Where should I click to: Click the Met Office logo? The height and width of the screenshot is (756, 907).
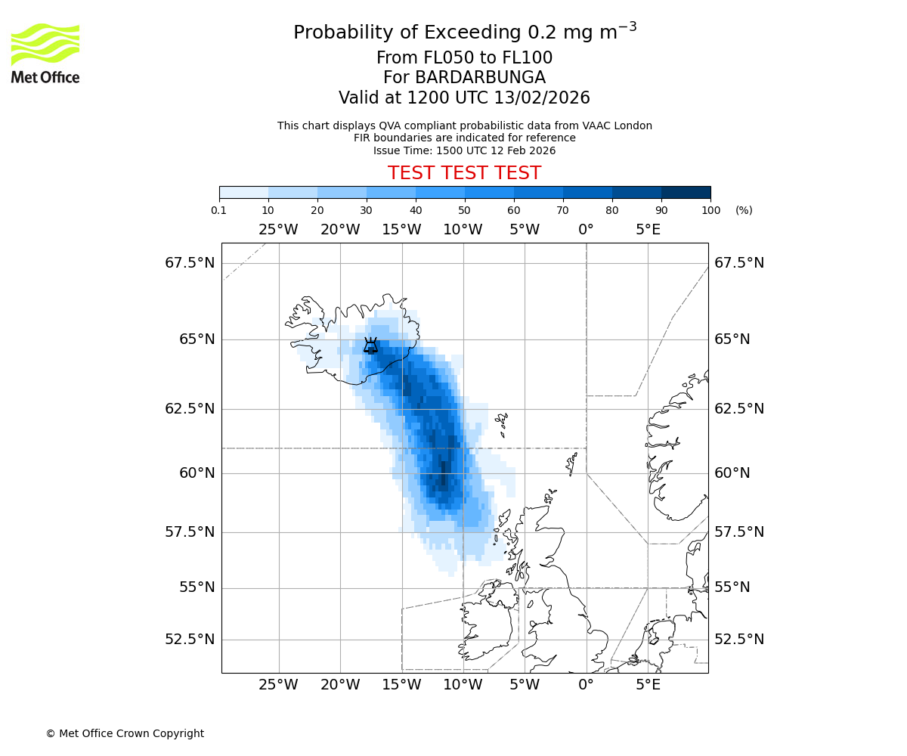[45, 53]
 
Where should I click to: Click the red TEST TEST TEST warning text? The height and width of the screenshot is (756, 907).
[464, 174]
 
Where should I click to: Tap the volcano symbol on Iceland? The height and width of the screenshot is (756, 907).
[370, 345]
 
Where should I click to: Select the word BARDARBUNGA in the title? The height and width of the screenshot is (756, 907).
[464, 78]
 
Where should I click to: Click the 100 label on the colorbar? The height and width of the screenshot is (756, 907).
[710, 210]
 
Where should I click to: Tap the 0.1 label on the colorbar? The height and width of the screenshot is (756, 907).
[219, 210]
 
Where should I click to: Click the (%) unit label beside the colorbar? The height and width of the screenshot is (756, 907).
[744, 210]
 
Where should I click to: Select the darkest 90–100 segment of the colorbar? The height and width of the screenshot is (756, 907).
[686, 192]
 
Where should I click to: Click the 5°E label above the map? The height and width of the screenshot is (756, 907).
[648, 230]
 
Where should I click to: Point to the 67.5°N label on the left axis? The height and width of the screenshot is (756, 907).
[190, 263]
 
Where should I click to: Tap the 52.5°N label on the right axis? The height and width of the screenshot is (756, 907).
[739, 640]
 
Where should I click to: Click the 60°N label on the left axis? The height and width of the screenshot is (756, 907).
[190, 473]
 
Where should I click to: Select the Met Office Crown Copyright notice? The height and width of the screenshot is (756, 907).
[125, 733]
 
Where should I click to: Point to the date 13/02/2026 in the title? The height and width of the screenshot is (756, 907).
[542, 98]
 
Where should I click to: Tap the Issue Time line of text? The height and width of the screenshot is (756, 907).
[464, 150]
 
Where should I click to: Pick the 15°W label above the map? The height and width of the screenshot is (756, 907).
[401, 230]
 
